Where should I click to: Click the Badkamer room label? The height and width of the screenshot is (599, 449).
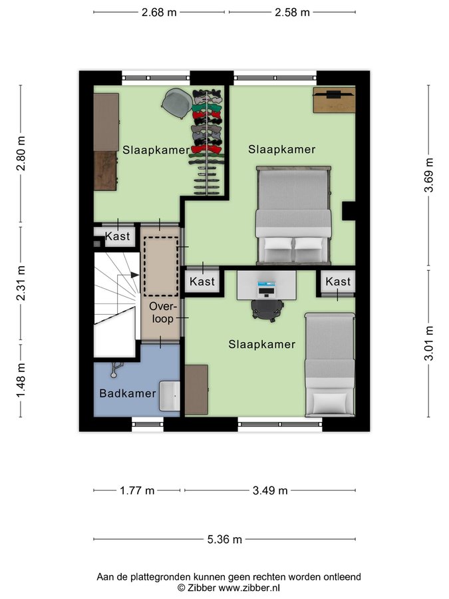click(128, 393)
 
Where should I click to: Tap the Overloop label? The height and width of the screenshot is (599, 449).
click(163, 313)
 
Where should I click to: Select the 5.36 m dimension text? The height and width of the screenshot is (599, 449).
click(225, 539)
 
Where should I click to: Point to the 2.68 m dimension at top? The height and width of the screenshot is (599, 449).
click(159, 12)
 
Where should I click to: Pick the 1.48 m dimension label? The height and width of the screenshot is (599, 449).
click(21, 380)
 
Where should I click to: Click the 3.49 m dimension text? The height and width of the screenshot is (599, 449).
click(270, 490)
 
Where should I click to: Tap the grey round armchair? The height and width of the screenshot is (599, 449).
click(176, 102)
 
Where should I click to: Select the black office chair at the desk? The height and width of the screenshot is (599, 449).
click(267, 309)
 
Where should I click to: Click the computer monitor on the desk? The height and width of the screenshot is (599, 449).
click(267, 288)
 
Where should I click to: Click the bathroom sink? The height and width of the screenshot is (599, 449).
click(170, 395)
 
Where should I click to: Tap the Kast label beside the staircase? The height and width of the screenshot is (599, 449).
click(117, 236)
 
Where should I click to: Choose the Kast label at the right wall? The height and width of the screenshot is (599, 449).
click(338, 282)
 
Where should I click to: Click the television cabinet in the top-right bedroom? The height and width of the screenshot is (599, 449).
click(334, 100)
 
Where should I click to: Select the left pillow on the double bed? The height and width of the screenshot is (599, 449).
click(277, 249)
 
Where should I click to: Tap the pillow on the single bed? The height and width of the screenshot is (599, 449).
click(329, 403)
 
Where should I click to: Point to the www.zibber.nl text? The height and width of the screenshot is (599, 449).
click(249, 588)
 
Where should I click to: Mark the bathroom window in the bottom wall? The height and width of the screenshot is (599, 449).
click(148, 424)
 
